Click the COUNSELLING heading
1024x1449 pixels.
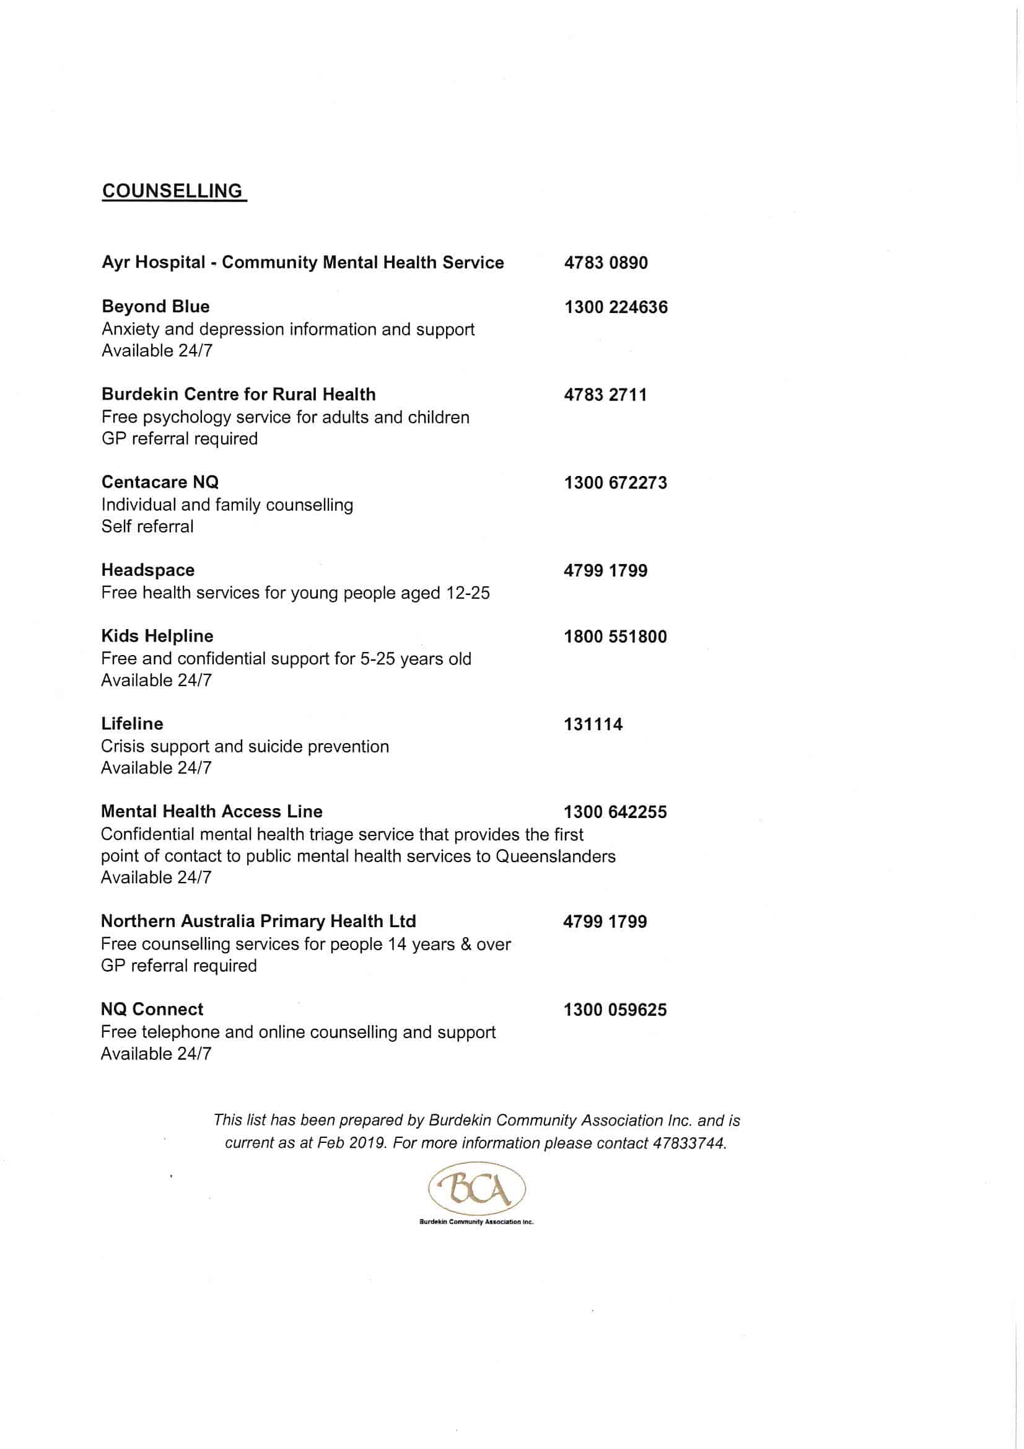172,192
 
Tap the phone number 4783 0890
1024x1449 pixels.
606,263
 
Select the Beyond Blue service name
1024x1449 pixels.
155,307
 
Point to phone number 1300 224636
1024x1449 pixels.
616,307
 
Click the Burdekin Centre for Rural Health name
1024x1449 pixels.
238,394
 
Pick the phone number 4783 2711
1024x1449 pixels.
605,395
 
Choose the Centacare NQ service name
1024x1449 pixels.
160,482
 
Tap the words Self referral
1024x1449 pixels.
147,526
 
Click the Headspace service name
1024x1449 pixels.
148,570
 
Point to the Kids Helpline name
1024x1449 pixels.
157,635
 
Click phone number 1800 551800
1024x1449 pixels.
615,636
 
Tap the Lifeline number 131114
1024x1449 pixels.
593,724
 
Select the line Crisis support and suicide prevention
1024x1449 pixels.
245,747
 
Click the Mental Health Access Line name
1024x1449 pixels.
211,811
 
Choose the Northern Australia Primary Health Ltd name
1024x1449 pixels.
258,922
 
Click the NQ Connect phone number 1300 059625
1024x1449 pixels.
615,1010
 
